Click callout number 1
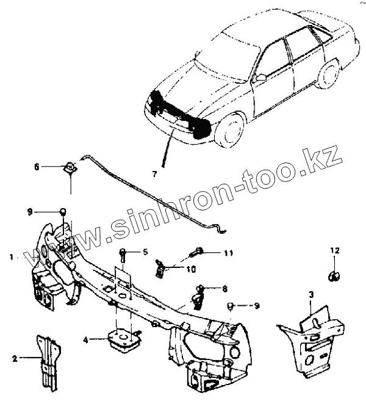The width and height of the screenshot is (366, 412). (12, 258)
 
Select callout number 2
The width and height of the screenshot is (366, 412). (15, 359)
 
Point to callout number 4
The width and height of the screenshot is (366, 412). (86, 340)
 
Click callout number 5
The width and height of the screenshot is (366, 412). (145, 251)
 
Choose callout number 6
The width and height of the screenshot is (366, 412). (37, 167)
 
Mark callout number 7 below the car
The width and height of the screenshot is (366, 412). (154, 175)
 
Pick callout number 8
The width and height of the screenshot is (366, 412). (224, 288)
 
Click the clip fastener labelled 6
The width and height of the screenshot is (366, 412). (71, 167)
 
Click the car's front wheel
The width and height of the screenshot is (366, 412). (229, 128)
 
